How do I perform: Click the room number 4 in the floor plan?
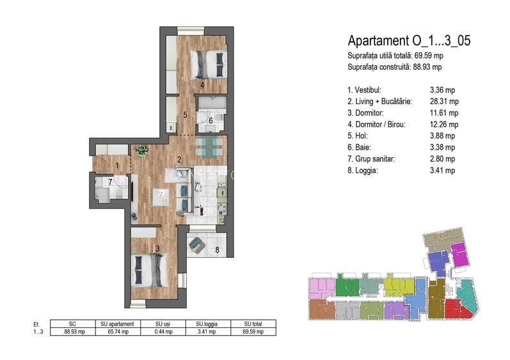click(x=202, y=86)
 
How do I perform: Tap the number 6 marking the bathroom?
click(x=211, y=121)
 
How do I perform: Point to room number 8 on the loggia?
click(x=217, y=250)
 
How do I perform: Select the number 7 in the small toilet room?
click(x=110, y=182)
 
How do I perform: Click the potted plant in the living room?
click(x=142, y=150)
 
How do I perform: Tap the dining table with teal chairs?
click(x=209, y=147)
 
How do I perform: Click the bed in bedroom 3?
click(x=149, y=270)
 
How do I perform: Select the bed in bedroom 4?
click(x=208, y=64)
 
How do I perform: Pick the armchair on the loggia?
click(x=197, y=246)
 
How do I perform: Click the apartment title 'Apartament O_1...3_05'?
click(x=409, y=41)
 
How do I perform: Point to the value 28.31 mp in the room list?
click(x=444, y=102)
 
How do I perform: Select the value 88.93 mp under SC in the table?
click(x=74, y=332)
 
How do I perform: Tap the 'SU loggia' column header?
click(x=207, y=324)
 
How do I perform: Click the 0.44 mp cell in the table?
click(x=164, y=332)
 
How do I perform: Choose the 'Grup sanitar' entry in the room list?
click(x=371, y=159)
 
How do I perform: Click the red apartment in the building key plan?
click(x=458, y=309)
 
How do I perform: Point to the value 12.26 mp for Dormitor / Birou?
click(x=444, y=125)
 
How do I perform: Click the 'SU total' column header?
click(x=253, y=324)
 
